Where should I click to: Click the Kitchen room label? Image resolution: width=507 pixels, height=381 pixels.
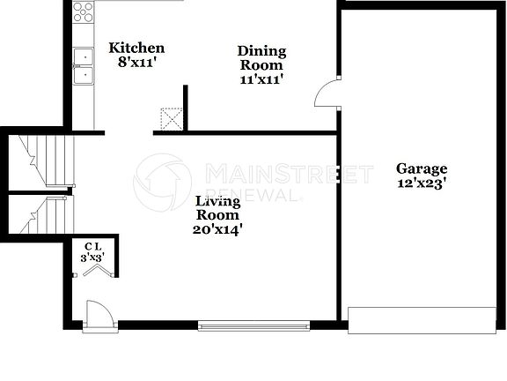click(136, 48)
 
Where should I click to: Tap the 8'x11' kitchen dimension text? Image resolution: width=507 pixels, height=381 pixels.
click(136, 63)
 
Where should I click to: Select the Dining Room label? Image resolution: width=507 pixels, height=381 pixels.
click(261, 57)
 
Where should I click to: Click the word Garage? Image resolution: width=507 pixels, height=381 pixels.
click(422, 168)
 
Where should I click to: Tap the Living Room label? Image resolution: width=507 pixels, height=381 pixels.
click(217, 207)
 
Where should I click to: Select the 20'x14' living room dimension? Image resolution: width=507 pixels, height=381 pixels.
click(217, 229)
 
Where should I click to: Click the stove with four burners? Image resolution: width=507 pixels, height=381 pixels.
click(84, 12)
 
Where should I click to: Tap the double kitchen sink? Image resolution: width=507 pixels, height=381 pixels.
click(84, 66)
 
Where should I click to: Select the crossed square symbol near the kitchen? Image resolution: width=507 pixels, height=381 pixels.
click(172, 119)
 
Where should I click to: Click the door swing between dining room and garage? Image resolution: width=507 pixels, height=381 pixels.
click(327, 93)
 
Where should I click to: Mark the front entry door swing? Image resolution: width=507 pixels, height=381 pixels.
click(98, 314)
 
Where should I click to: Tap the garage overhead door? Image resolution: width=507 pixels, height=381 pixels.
click(422, 320)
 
